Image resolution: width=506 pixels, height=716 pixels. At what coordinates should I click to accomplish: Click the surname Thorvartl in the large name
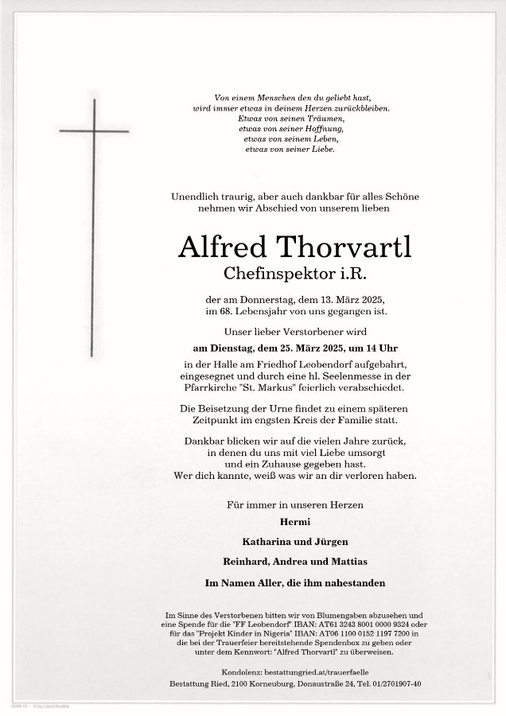coord(343,249)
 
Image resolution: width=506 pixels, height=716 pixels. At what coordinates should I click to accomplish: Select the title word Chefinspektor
coord(264,274)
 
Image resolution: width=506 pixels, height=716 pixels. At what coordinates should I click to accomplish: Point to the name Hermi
coord(295,522)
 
